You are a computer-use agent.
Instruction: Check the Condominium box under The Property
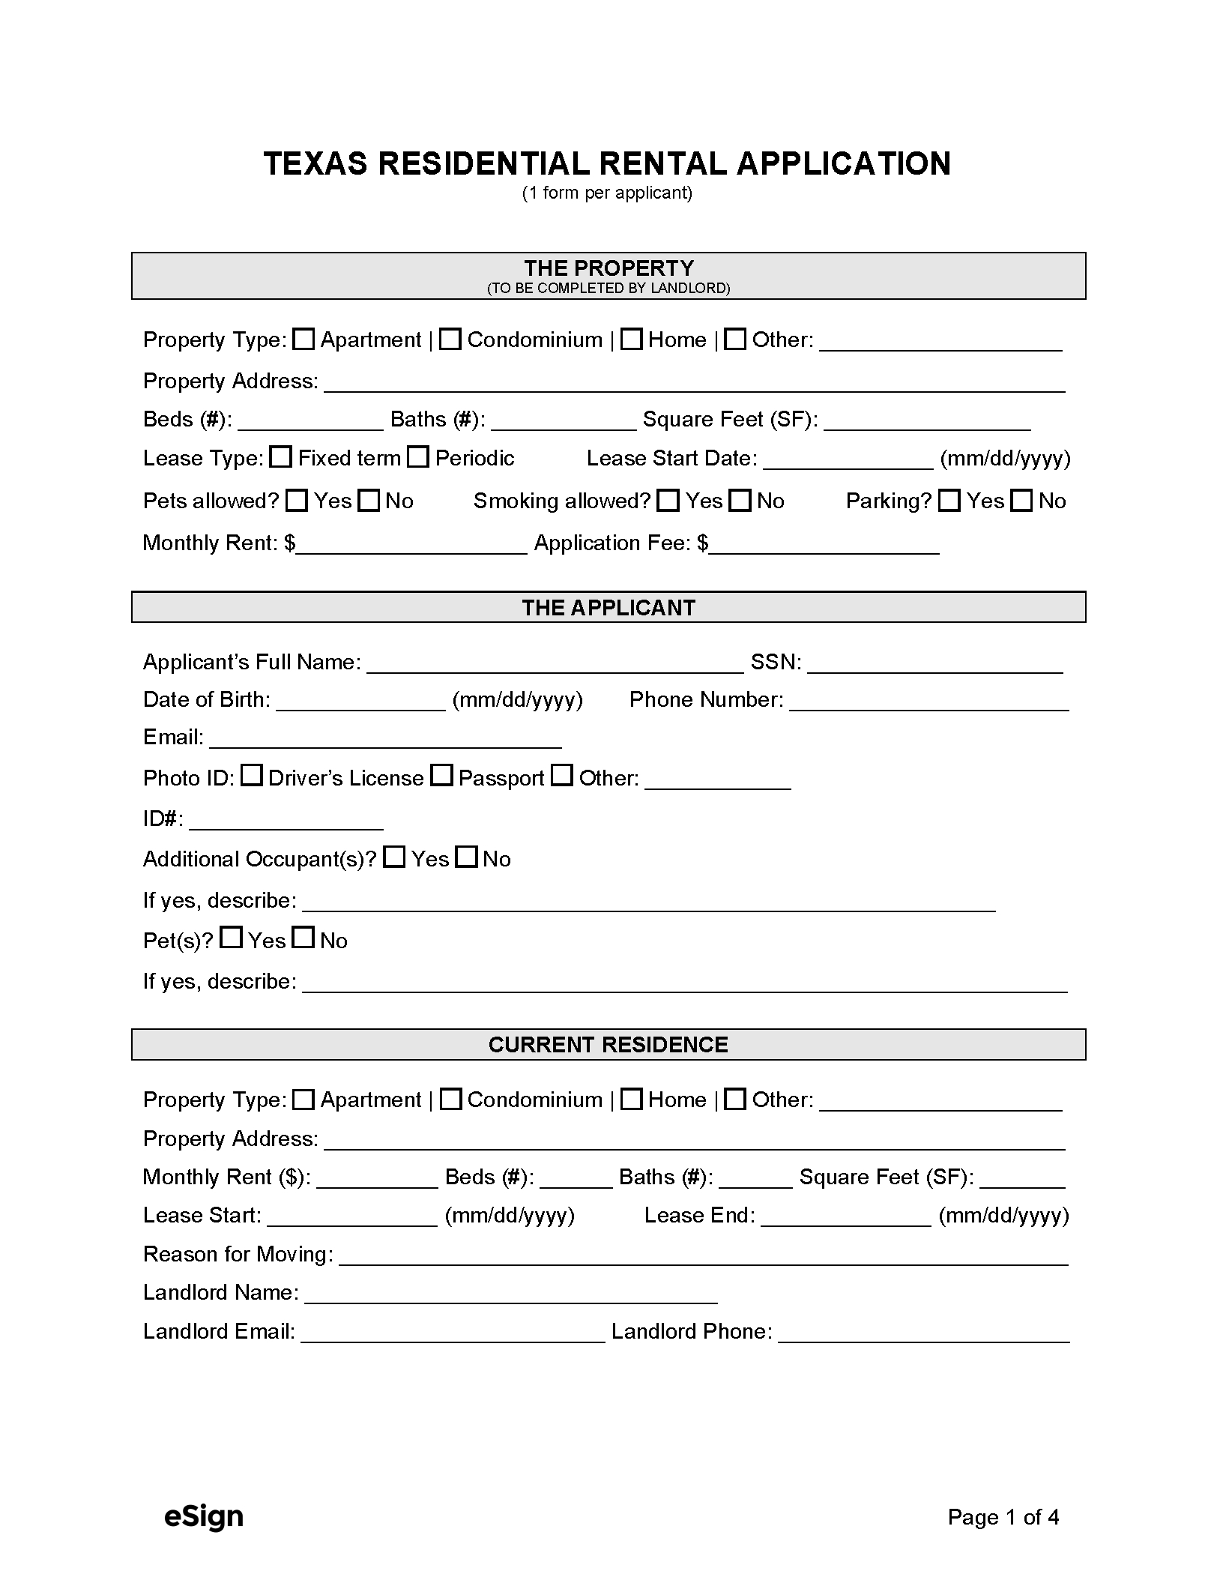pos(450,340)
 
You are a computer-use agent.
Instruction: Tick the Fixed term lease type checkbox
pos(280,457)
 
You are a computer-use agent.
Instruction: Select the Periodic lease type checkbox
pos(418,457)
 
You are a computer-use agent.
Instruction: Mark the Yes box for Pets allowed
pos(298,501)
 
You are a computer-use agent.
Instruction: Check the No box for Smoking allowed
pos(740,501)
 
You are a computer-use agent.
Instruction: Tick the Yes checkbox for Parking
pos(949,501)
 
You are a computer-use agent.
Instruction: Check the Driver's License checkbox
pos(252,776)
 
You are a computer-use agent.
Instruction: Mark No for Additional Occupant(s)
pos(467,857)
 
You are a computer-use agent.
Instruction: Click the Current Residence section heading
pos(608,1045)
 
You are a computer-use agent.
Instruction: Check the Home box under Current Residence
pos(632,1100)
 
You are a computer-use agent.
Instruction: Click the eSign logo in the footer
pos(204,1516)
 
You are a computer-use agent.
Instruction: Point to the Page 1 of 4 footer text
pos(1003,1517)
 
